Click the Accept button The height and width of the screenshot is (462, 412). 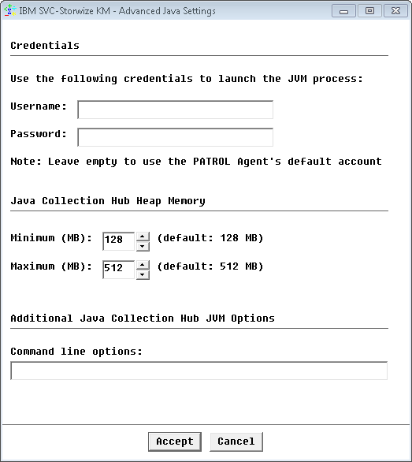(174, 442)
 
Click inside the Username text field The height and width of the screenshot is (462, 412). (175, 110)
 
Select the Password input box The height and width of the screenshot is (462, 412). (175, 137)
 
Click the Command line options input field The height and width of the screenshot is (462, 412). (199, 371)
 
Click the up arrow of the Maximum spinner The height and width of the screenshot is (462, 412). (143, 265)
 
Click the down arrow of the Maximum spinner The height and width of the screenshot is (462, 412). (143, 274)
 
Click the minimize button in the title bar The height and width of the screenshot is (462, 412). (343, 11)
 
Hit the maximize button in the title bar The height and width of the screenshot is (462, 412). (368, 11)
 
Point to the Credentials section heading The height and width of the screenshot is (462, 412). (45, 46)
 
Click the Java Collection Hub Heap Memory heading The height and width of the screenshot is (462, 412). (108, 201)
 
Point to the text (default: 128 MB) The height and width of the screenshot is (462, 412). (210, 238)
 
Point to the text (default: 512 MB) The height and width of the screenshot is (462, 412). (210, 267)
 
